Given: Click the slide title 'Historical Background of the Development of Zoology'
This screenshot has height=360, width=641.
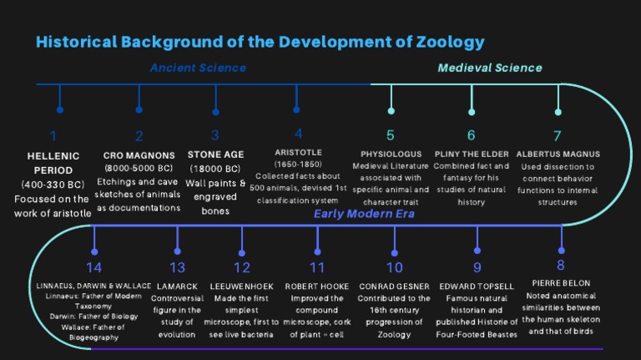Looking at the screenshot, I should point(260,41).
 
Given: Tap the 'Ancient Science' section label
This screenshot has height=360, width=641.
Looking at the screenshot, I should point(198,68).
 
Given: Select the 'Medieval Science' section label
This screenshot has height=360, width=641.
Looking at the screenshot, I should point(490,68).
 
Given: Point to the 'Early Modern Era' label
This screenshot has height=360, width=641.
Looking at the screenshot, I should point(365,215).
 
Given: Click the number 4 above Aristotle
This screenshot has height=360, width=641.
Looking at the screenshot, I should point(298,134).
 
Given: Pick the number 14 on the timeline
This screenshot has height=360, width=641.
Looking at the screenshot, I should point(93,267).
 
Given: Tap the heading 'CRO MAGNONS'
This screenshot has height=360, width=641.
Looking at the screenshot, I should point(139,155).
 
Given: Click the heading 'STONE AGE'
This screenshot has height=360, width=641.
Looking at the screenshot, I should point(215,155).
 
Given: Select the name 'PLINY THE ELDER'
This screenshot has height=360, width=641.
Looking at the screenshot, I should point(472,155).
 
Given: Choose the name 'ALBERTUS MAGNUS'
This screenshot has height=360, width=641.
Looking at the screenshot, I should point(558,155).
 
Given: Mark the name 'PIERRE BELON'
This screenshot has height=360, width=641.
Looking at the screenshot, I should point(560,283).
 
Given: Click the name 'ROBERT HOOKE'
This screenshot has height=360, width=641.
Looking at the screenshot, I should point(317,286).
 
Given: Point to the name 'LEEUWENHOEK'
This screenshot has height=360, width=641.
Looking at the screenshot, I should point(241,286).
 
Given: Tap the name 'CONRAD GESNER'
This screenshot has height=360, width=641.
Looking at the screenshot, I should point(394,286).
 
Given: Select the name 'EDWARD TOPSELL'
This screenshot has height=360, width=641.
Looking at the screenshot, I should point(477,286).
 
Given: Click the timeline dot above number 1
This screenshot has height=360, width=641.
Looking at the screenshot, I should point(59,109).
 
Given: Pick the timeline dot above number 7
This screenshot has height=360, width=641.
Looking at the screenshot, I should point(558,111).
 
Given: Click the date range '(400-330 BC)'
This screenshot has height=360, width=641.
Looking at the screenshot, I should point(53,185).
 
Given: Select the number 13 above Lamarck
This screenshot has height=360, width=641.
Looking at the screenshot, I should point(177,267).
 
